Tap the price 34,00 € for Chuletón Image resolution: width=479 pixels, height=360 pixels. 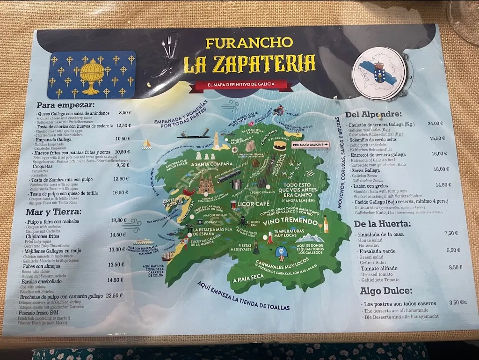click(x=435, y=124)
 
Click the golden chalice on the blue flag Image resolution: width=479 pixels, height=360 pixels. click(x=92, y=74)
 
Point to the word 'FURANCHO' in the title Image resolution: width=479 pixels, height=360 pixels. click(x=249, y=43)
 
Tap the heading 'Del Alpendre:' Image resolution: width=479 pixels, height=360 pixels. click(x=373, y=114)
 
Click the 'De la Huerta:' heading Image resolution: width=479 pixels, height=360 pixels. click(x=382, y=224)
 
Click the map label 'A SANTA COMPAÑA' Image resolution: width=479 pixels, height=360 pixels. click(x=211, y=164)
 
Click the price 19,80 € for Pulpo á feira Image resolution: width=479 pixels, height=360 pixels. click(x=118, y=220)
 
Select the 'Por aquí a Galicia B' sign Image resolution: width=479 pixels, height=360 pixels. click(x=310, y=145)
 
